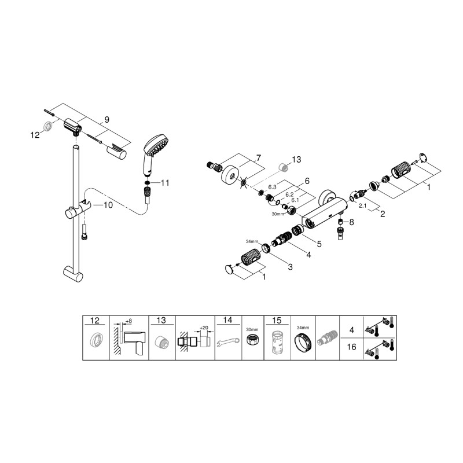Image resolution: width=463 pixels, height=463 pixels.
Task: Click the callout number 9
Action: (x=106, y=120)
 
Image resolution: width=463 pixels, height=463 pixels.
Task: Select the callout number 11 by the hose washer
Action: (x=165, y=183)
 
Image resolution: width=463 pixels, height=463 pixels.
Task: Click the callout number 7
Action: (x=259, y=157)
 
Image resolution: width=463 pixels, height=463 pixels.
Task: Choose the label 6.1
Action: (x=295, y=200)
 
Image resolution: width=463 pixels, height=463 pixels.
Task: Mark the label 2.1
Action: (x=363, y=205)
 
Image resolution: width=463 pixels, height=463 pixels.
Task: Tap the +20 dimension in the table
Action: (x=203, y=328)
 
